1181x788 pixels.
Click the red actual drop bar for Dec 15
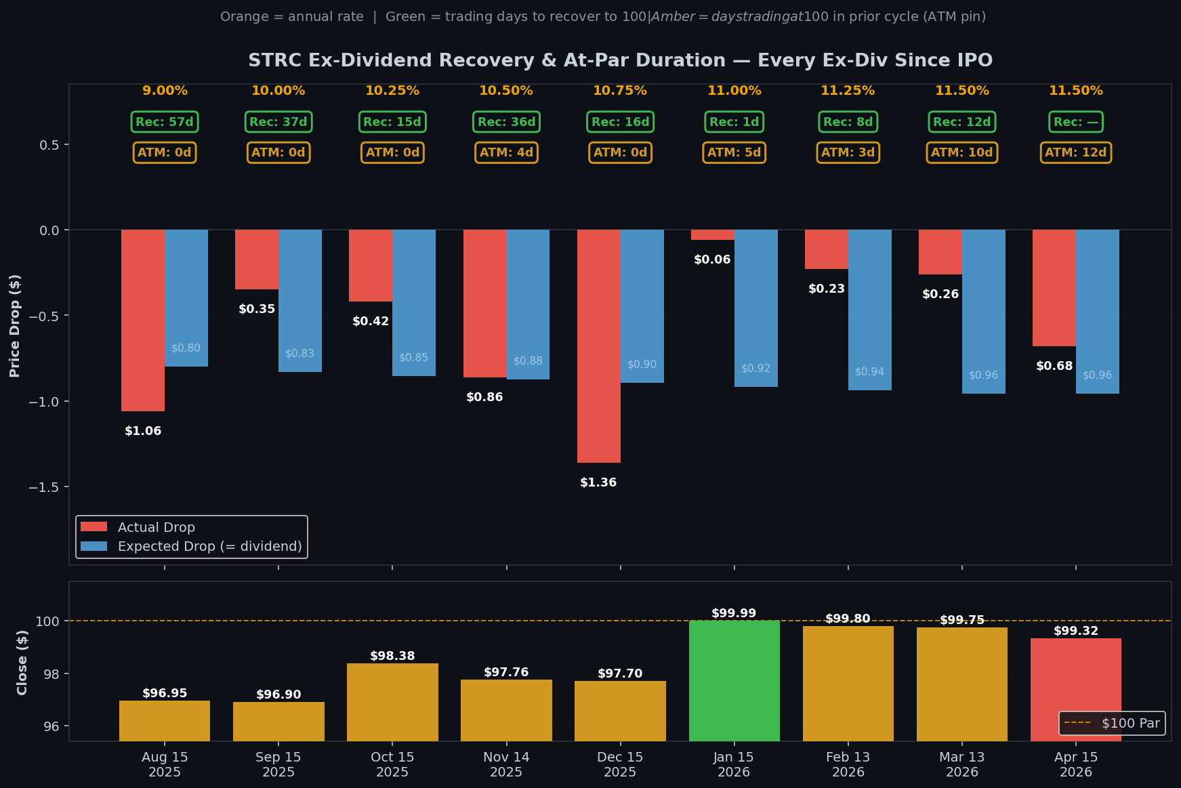(x=598, y=346)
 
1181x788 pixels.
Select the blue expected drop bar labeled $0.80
(x=186, y=298)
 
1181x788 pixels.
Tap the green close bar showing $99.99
(x=734, y=680)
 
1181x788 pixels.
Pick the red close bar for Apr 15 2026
(x=1075, y=689)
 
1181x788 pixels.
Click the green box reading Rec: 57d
(x=165, y=122)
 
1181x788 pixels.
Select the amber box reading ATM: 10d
(x=961, y=152)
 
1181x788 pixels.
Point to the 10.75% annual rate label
(x=619, y=91)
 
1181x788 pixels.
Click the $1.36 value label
(x=598, y=482)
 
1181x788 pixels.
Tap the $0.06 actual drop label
(x=712, y=260)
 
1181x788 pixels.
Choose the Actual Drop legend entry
(x=156, y=527)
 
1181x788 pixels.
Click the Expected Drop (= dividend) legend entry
(x=209, y=546)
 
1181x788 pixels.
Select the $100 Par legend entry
(x=1130, y=723)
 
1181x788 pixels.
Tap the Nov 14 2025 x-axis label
(x=506, y=764)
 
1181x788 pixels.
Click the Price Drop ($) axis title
(x=14, y=325)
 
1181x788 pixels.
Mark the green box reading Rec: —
(x=1075, y=122)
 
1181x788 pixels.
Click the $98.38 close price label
(x=392, y=656)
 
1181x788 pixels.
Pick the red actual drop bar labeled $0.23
(x=826, y=249)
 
